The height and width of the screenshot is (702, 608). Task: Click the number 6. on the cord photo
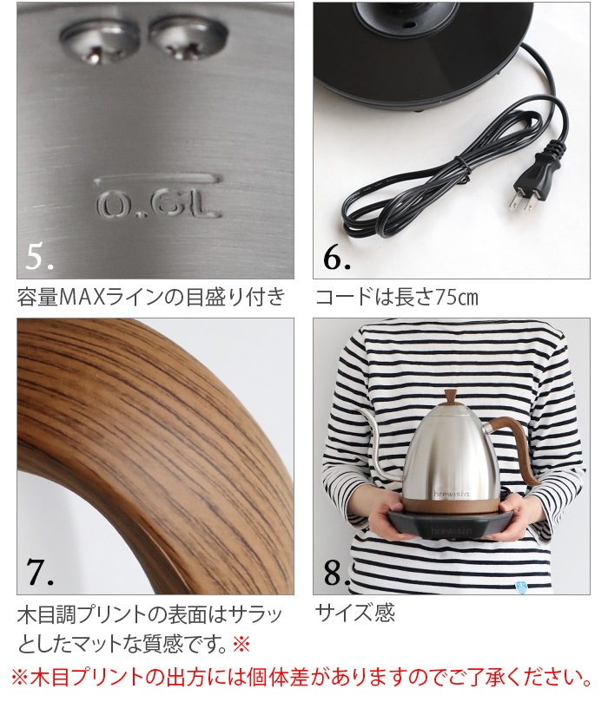336,258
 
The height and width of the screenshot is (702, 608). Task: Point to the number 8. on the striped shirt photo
336,574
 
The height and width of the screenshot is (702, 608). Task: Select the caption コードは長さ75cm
396,298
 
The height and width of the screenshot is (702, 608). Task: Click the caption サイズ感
354,613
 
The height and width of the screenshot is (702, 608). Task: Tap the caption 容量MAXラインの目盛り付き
151,298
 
